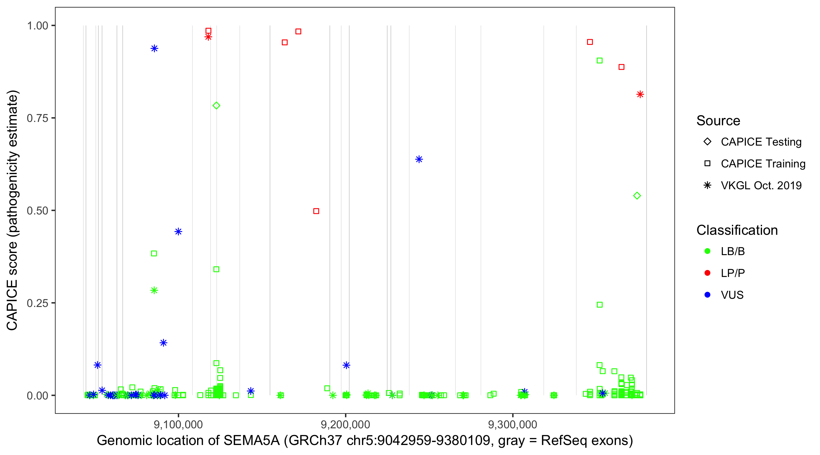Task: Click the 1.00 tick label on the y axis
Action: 37,26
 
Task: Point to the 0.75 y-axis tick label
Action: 37,118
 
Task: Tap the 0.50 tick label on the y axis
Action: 37,211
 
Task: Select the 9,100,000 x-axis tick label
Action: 178,424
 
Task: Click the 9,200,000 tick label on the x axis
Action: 345,424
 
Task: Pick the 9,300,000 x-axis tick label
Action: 513,424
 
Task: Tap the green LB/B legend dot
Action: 707,251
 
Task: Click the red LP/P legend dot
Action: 707,273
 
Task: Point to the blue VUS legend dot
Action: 707,295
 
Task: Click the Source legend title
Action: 718,121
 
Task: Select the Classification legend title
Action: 737,230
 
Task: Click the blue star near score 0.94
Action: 154,49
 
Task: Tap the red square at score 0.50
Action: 316,211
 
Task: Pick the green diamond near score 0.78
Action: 217,106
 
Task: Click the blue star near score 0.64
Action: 419,159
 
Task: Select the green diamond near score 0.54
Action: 637,196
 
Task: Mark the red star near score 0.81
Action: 640,94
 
